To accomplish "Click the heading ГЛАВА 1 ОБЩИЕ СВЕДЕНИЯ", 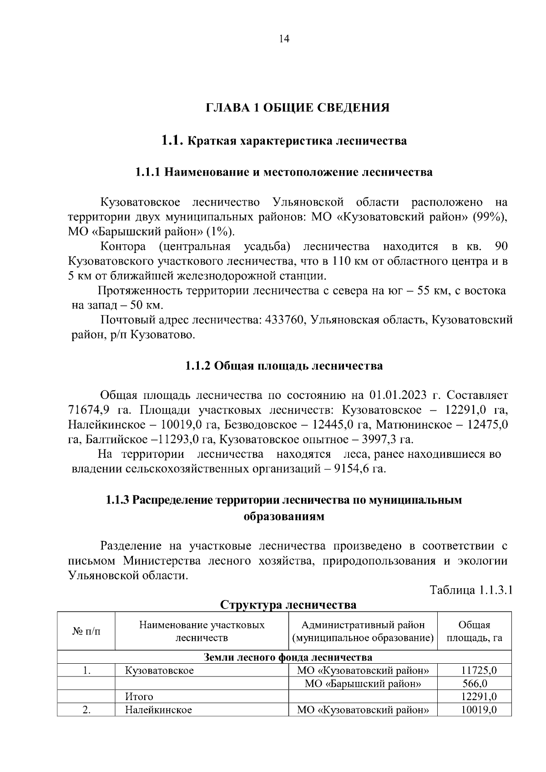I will click(298, 108).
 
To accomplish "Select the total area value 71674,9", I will click(89, 409).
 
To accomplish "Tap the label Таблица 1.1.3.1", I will click(471, 590).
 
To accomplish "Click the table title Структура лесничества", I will click(288, 605).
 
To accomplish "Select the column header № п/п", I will click(86, 631).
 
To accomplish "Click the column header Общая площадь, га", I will click(474, 631).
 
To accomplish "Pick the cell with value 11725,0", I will click(479, 670).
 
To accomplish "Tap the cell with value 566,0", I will click(475, 683).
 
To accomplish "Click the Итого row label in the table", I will click(139, 696).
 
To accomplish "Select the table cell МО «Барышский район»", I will click(363, 683).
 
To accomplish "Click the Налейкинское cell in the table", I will click(158, 710).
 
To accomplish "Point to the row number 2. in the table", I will click(86, 710).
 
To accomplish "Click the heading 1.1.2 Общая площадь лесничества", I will click(284, 366).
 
